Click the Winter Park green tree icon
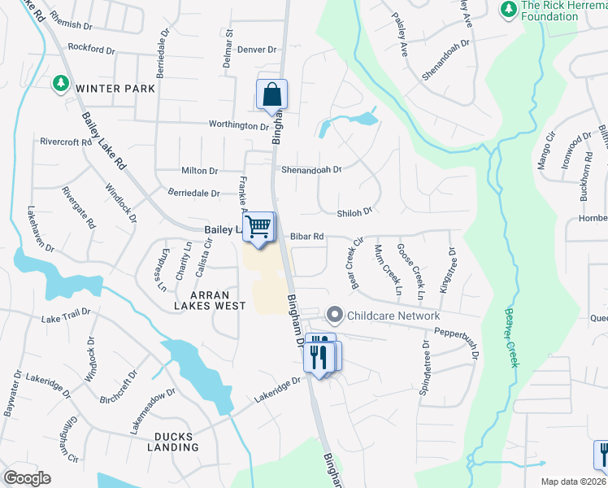61,84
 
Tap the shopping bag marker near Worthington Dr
271,94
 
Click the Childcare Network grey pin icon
334,315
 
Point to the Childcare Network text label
393,316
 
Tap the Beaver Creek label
511,337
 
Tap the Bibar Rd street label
307,237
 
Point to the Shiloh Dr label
354,211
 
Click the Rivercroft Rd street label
66,142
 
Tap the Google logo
28,478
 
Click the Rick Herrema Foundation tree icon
508,8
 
